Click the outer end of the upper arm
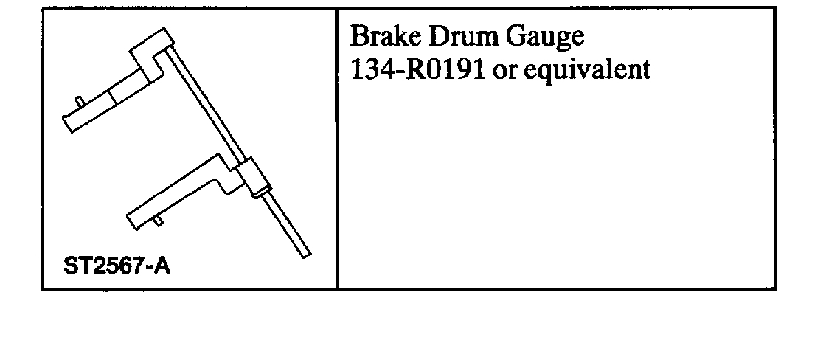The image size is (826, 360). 69,122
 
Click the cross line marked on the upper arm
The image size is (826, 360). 109,97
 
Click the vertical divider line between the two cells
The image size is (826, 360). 337,148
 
